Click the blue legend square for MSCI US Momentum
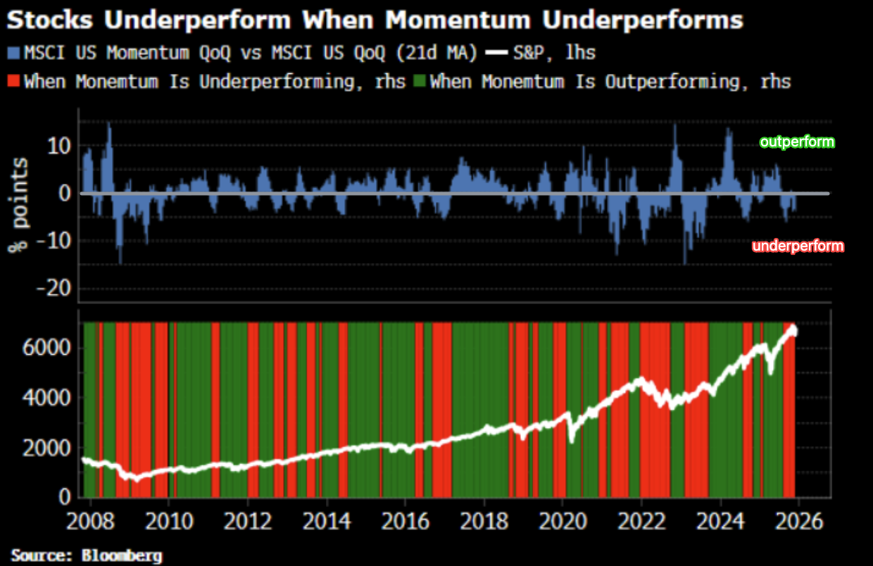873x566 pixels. [14, 52]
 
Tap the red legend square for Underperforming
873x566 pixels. [14, 81]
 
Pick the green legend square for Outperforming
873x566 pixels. [420, 81]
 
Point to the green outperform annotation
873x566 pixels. [797, 142]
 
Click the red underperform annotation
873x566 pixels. [798, 246]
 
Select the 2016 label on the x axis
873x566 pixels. [405, 522]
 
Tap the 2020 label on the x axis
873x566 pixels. [563, 522]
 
